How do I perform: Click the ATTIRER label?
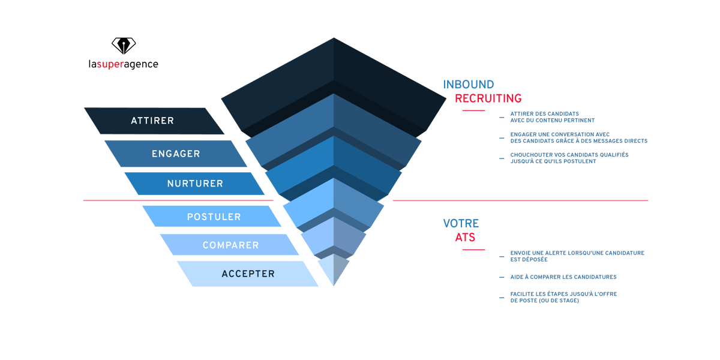click(x=152, y=121)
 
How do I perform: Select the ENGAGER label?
click(x=176, y=154)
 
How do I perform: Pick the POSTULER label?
click(x=214, y=217)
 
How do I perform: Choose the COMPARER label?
click(x=230, y=245)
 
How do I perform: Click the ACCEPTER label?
click(x=248, y=274)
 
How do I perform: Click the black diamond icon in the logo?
click(x=124, y=46)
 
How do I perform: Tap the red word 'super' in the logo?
click(x=110, y=64)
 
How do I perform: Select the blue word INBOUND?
click(x=468, y=85)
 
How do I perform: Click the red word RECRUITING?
click(x=488, y=98)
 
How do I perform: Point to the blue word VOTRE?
click(x=461, y=224)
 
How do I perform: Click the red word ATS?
click(x=465, y=238)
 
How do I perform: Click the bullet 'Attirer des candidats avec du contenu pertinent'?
click(x=544, y=116)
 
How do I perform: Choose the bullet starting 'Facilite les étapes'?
click(x=563, y=297)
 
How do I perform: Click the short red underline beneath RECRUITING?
click(x=473, y=110)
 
